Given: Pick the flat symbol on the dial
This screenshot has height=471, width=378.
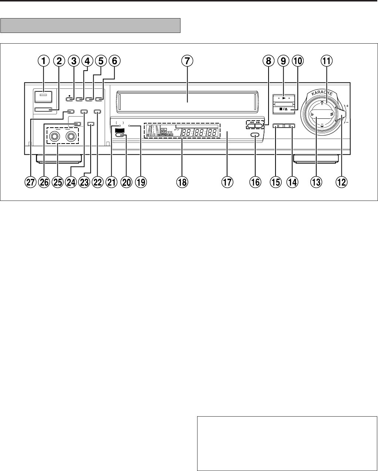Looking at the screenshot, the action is pyautogui.click(x=313, y=115).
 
